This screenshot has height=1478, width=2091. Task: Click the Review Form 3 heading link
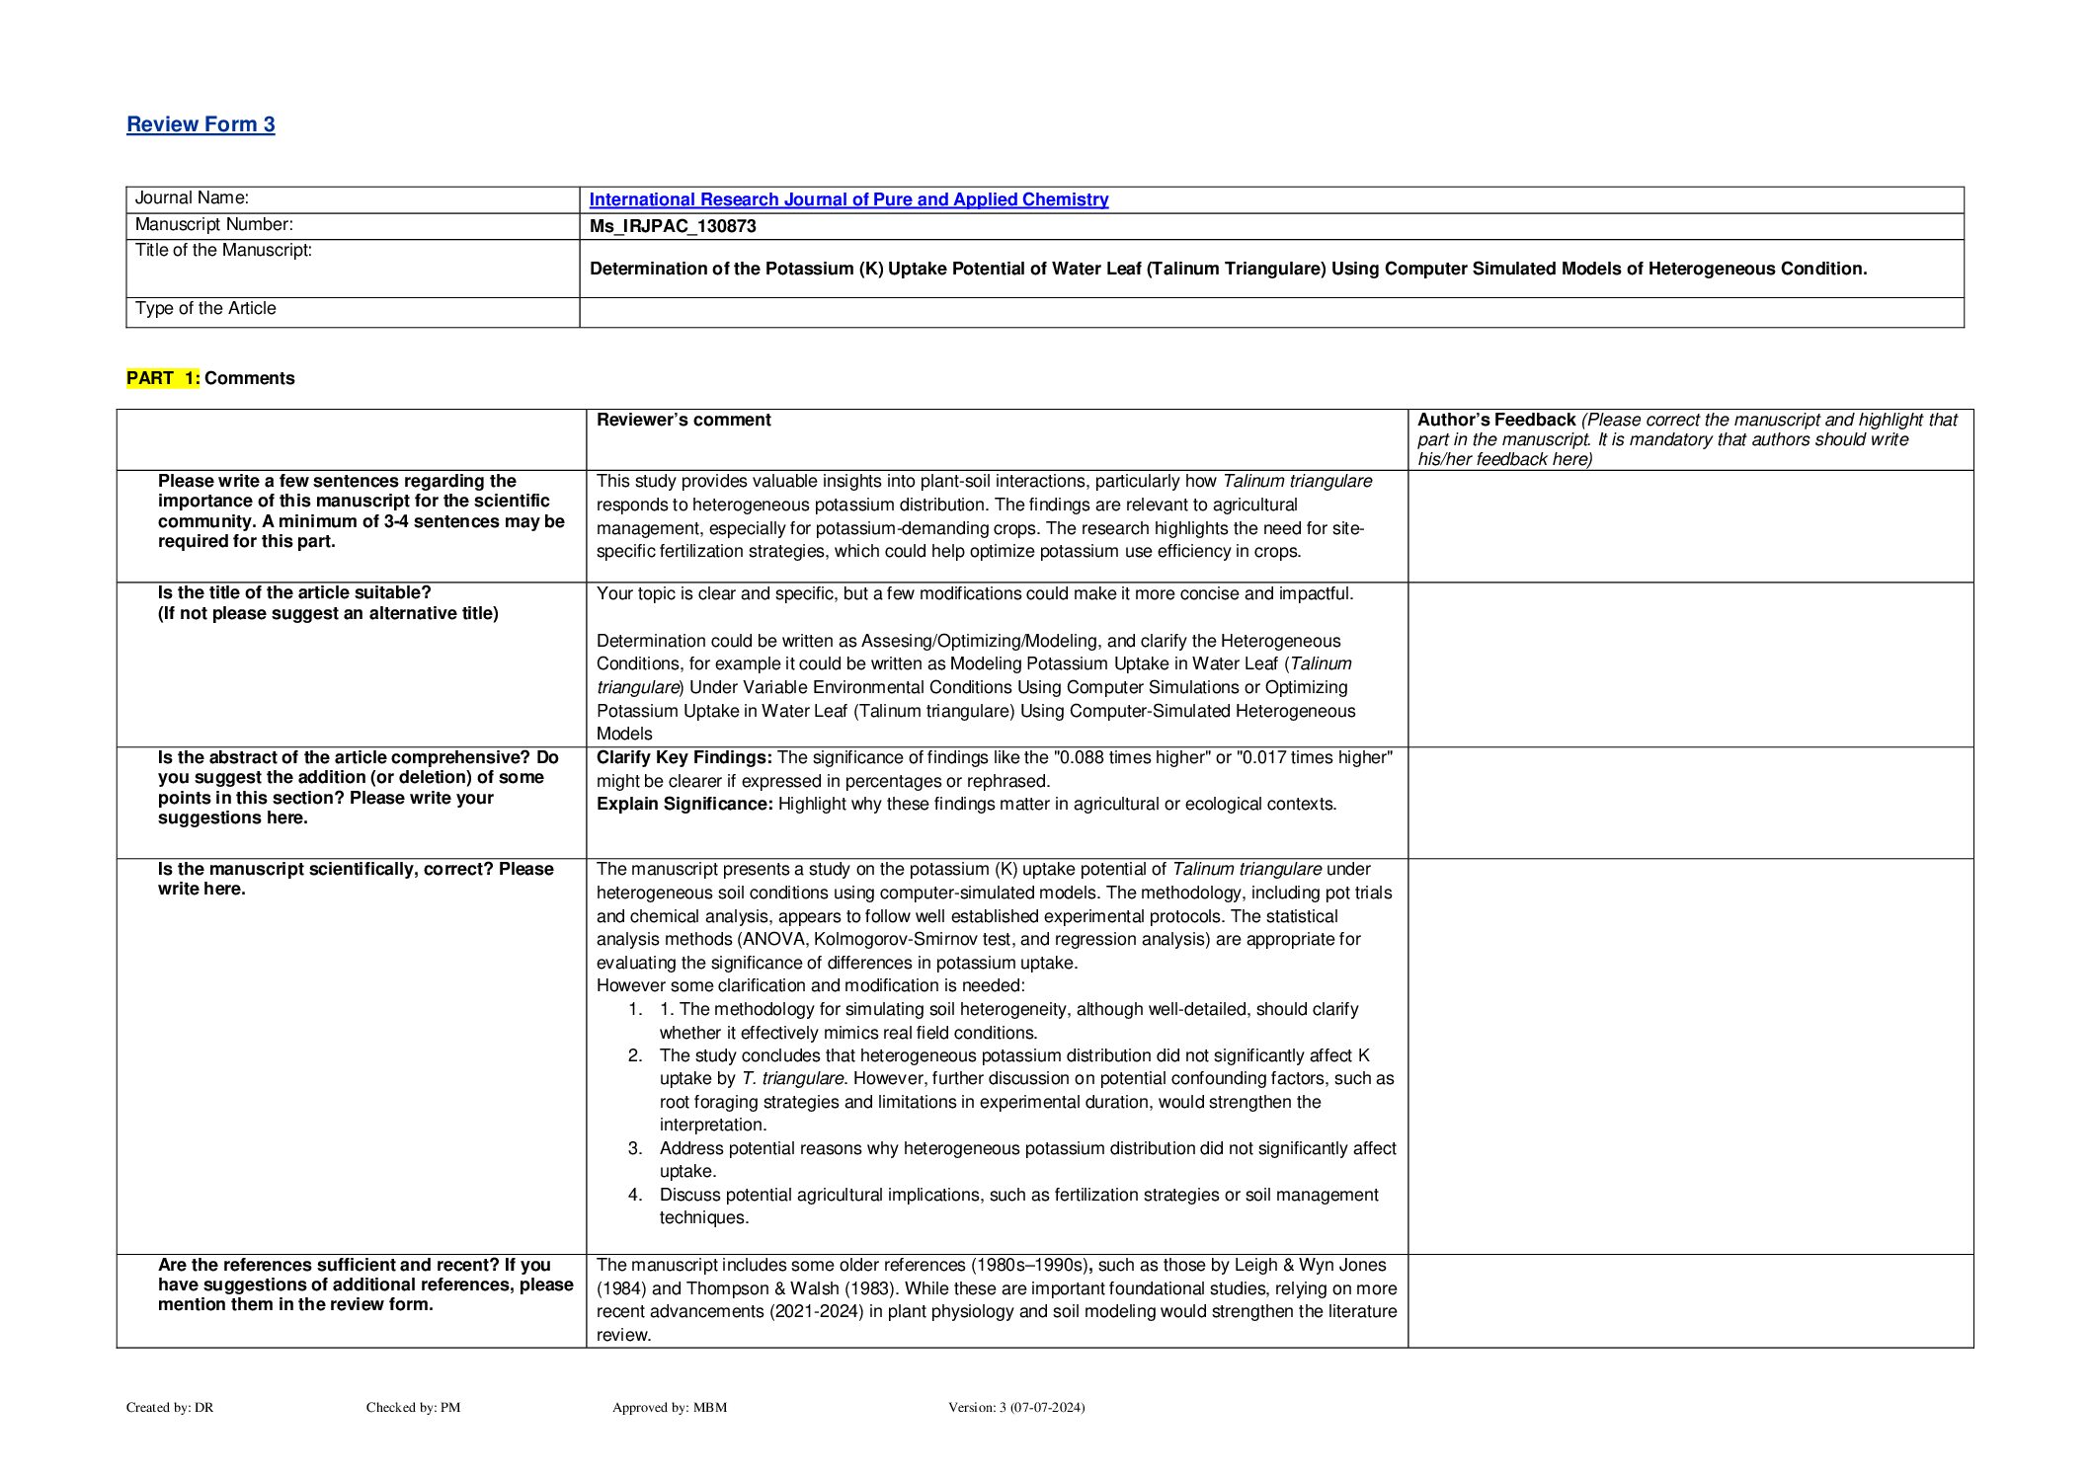click(201, 124)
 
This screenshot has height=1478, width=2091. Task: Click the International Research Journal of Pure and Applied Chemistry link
click(848, 199)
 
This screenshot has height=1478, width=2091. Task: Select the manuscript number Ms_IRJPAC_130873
click(673, 226)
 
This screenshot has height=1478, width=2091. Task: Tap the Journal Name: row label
click(192, 198)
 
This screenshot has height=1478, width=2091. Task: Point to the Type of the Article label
click(205, 308)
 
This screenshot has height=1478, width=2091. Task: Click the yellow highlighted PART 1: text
click(163, 378)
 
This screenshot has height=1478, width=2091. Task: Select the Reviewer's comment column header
click(684, 420)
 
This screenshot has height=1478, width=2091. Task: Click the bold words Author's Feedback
click(1496, 420)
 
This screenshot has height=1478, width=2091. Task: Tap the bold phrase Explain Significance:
click(684, 804)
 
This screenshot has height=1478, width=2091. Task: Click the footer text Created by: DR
click(170, 1407)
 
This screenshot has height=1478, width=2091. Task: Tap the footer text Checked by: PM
click(413, 1407)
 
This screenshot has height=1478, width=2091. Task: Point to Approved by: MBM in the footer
click(670, 1407)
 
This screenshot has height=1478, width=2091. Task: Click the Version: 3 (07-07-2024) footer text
click(1016, 1407)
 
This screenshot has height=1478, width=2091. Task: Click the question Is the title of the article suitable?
click(294, 592)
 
